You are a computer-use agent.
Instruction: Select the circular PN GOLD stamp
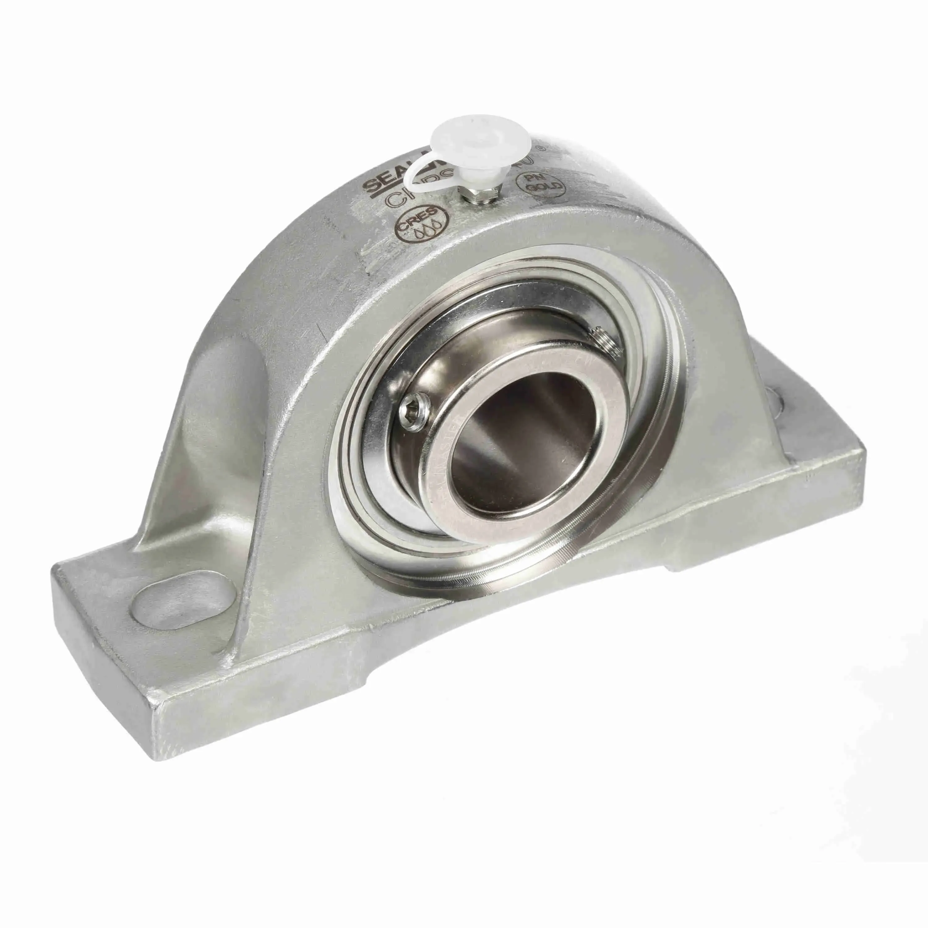540,184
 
